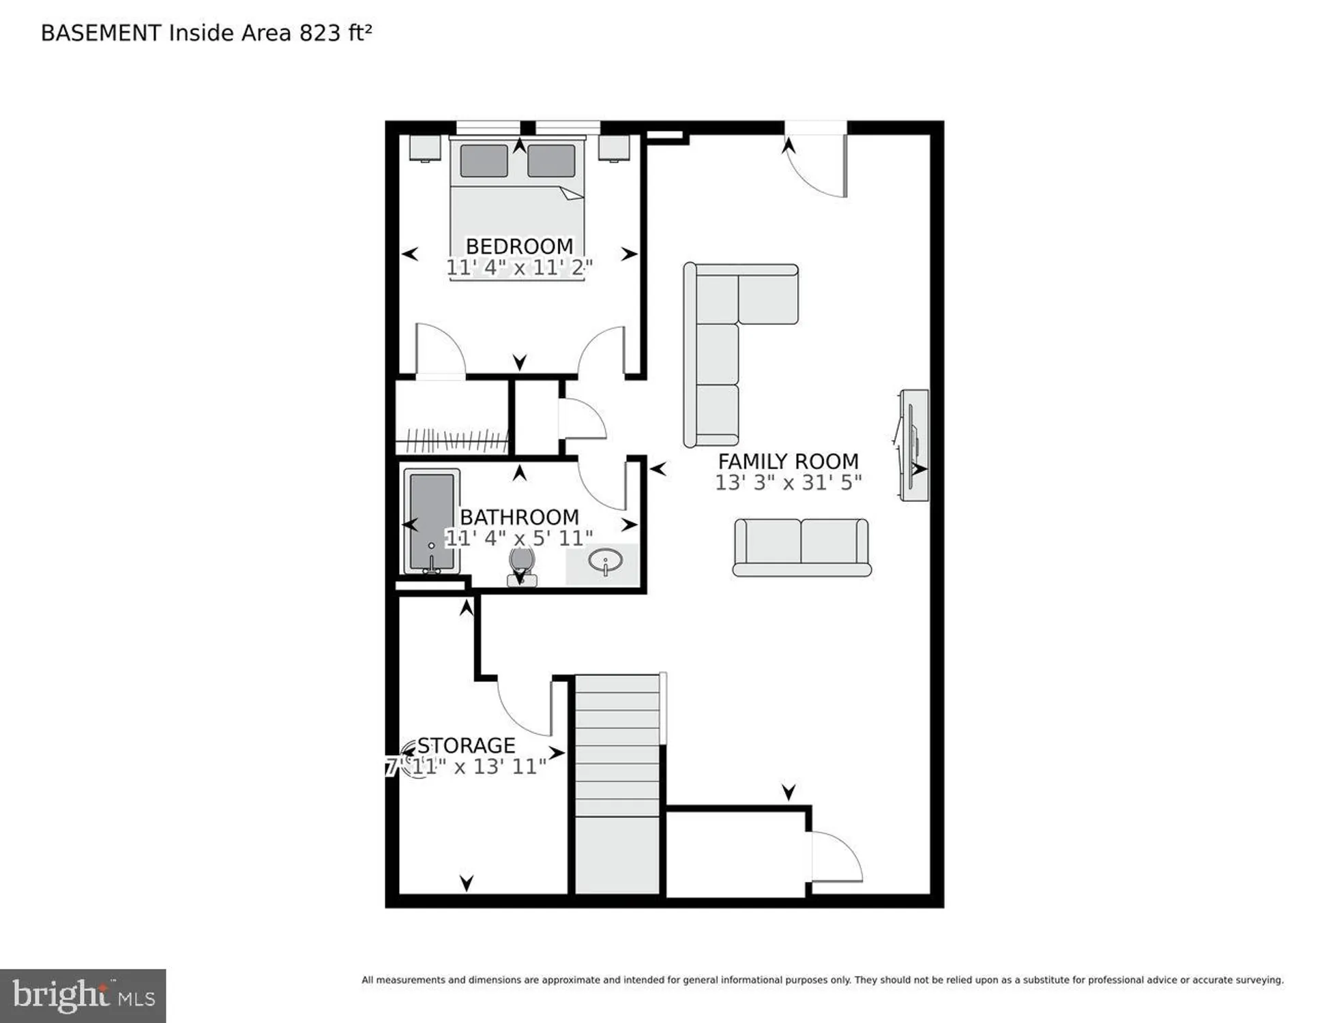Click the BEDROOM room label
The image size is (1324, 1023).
click(x=519, y=246)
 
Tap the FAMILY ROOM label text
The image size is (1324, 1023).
click(x=788, y=462)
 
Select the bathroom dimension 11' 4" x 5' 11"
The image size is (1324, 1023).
click(x=518, y=538)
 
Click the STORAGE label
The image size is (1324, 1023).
click(x=466, y=745)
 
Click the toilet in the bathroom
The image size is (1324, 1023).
click(x=522, y=566)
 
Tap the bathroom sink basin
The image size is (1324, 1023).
click(x=605, y=563)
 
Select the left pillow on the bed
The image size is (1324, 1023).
click(x=484, y=161)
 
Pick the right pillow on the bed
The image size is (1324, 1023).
click(x=551, y=161)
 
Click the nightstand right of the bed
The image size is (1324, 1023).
click(x=614, y=148)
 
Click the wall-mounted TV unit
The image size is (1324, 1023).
click(x=914, y=445)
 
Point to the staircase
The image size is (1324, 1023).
click(x=617, y=784)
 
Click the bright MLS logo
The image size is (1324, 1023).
click(x=83, y=996)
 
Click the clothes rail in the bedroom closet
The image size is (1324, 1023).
click(x=452, y=441)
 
